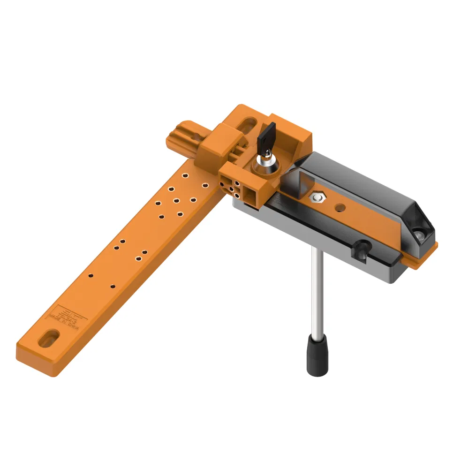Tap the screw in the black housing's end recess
[418, 233]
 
